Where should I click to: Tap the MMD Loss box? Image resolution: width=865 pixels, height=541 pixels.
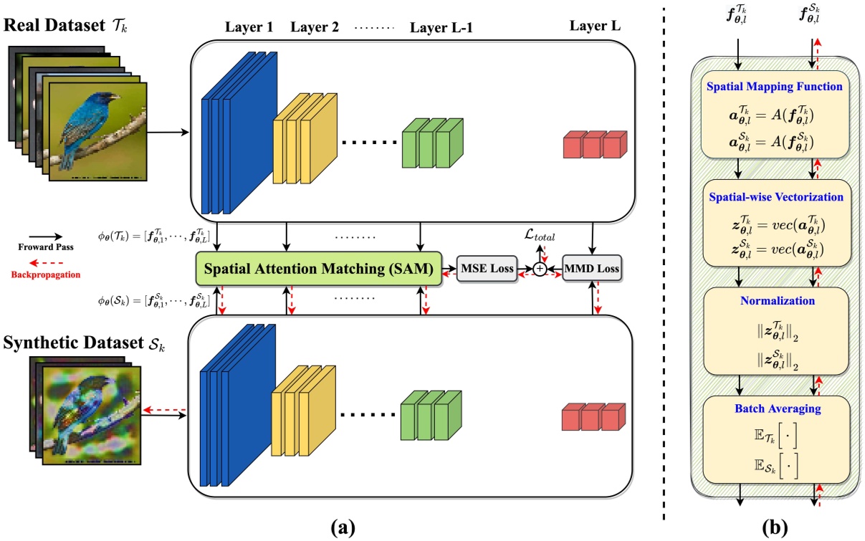(x=592, y=269)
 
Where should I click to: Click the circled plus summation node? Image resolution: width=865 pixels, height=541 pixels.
(x=538, y=269)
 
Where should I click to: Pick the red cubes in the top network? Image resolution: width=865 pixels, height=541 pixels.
(x=593, y=145)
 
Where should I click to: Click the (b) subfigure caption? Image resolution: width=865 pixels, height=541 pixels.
(x=775, y=528)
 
